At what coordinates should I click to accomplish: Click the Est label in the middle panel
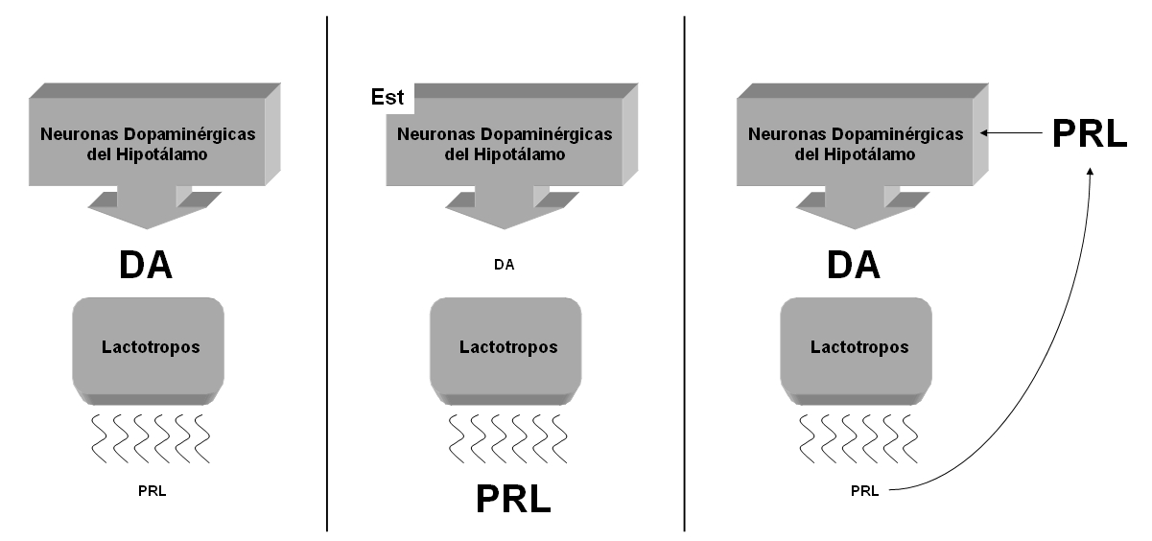click(388, 98)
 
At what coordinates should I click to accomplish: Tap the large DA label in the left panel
click(146, 264)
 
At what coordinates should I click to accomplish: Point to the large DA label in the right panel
click(854, 264)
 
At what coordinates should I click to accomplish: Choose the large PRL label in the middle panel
click(513, 499)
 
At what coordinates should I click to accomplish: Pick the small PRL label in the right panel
click(864, 491)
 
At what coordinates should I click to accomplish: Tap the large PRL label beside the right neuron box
click(1089, 134)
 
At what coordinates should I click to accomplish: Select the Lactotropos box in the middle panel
click(506, 347)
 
